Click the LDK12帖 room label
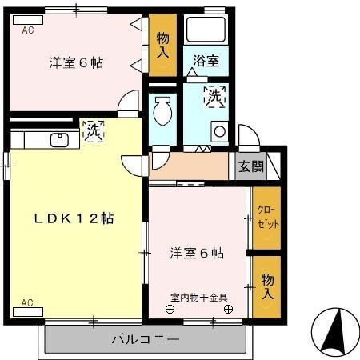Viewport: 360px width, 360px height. click(73, 218)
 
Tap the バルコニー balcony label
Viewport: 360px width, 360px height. click(145, 340)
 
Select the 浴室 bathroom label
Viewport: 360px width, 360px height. click(206, 59)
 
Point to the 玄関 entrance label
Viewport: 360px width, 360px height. click(250, 166)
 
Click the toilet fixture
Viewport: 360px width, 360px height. click(162, 110)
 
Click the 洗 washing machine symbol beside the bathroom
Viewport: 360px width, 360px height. click(214, 96)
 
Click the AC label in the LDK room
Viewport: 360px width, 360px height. click(27, 302)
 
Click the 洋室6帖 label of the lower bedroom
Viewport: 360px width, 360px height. click(197, 254)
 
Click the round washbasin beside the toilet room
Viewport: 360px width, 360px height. click(218, 131)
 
